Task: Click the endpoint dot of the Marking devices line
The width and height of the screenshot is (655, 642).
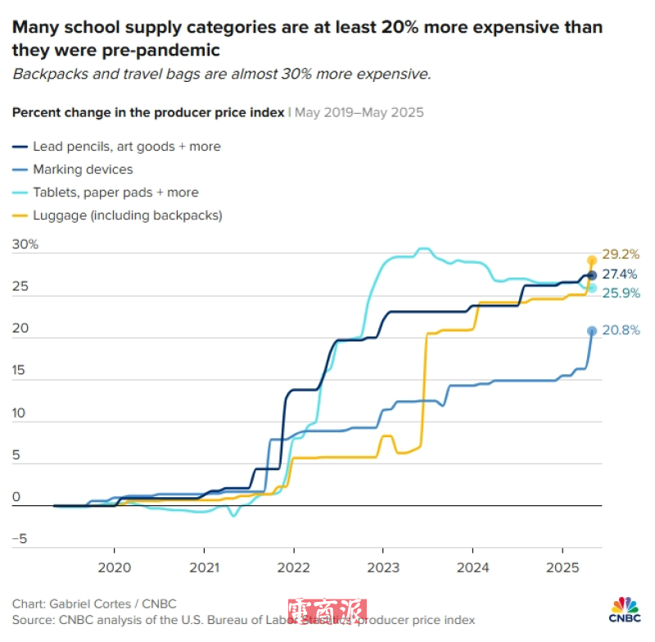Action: tap(592, 331)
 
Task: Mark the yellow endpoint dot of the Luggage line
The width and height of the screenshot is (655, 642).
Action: tap(592, 260)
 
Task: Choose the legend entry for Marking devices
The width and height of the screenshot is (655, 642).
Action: tap(83, 170)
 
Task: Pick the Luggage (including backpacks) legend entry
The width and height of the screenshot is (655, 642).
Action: tap(128, 215)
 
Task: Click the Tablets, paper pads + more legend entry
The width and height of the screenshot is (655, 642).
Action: tap(115, 192)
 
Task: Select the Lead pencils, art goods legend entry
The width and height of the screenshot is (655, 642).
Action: tap(127, 147)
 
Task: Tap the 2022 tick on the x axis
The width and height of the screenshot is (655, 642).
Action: tap(293, 567)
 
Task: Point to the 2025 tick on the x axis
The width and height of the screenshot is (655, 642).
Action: tap(562, 567)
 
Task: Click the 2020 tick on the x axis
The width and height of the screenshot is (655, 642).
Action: tap(114, 567)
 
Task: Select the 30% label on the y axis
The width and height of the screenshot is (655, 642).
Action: tap(26, 245)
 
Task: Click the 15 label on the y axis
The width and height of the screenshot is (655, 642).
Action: tap(20, 370)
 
